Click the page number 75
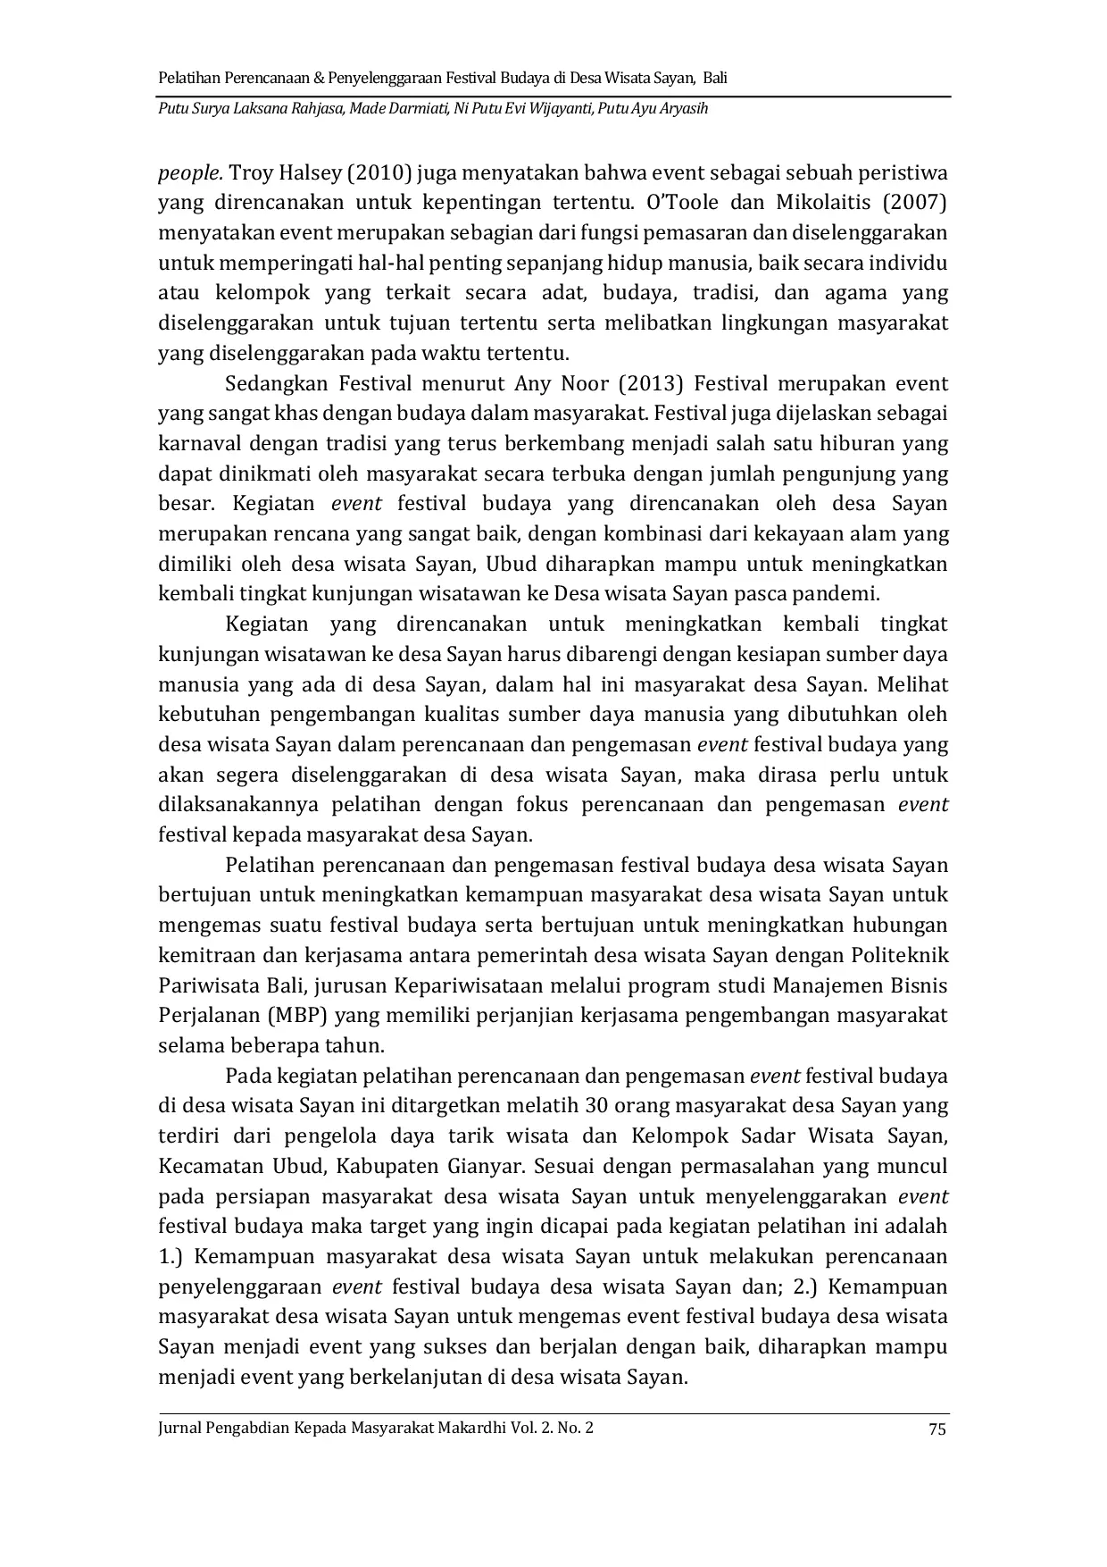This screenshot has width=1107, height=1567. coord(936,1429)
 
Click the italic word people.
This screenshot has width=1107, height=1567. coord(189,172)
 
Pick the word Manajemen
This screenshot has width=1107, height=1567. coord(821,985)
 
